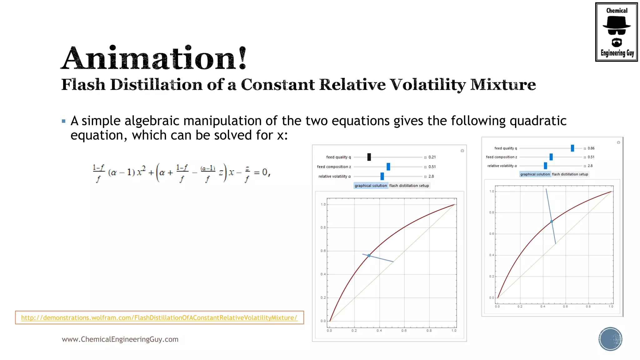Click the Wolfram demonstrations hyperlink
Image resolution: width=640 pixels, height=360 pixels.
click(x=159, y=317)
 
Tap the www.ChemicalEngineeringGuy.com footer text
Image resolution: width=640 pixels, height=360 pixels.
click(x=120, y=339)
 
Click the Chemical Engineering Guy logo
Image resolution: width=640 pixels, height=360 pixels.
click(x=616, y=32)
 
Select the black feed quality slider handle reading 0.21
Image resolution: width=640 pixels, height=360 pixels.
click(x=369, y=157)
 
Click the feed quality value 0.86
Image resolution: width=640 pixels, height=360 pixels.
click(x=591, y=148)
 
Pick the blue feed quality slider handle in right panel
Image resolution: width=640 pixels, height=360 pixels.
click(x=572, y=148)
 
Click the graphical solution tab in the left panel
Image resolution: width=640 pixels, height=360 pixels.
click(x=371, y=186)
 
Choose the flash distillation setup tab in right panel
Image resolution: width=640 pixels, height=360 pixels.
click(x=570, y=174)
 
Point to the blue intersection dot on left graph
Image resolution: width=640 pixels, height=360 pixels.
click(x=369, y=256)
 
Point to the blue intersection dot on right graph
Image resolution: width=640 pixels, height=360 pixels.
click(x=552, y=221)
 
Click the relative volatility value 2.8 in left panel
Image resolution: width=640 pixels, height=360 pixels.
click(x=431, y=176)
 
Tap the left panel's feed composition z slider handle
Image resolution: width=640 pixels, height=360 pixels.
click(x=388, y=167)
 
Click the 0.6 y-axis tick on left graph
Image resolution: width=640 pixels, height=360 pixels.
click(x=323, y=251)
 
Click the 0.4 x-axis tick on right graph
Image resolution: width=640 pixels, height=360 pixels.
click(x=543, y=307)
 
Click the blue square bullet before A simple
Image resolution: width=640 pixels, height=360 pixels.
click(x=64, y=121)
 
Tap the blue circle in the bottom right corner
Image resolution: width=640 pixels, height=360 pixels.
click(x=610, y=339)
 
